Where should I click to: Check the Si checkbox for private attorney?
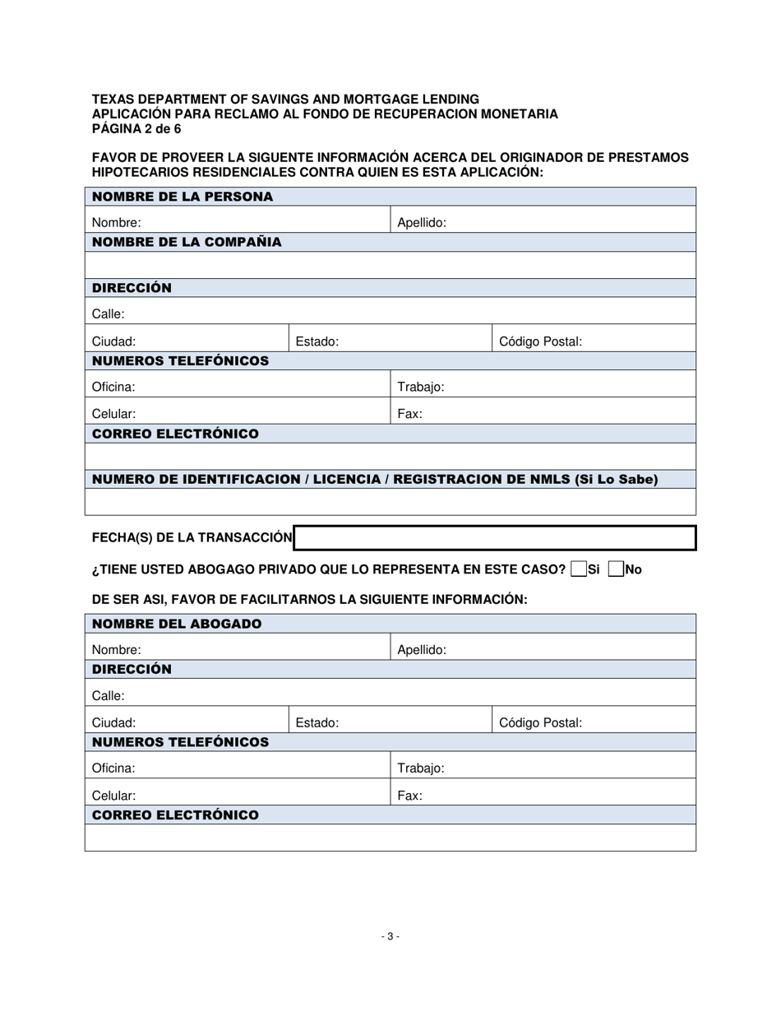pos(578,569)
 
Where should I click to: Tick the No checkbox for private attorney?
pos(616,569)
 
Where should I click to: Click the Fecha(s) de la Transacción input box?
pos(495,538)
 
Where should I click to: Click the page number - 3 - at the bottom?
pos(390,936)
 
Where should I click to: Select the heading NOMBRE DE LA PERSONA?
pos(183,197)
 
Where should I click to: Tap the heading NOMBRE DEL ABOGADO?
pos(177,624)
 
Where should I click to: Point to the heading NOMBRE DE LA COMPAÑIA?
pos(187,242)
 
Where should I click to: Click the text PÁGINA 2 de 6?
pos(136,129)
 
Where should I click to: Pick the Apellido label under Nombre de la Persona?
pos(422,222)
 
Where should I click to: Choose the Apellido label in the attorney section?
pos(422,650)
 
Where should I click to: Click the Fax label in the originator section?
pos(410,414)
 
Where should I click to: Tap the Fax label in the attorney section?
pos(410,796)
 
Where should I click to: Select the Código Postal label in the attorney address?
pos(540,723)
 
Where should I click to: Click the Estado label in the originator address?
pos(317,341)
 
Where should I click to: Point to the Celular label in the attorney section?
pos(113,796)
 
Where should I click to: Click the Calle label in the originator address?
pos(109,313)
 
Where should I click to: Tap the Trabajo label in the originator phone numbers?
pos(421,387)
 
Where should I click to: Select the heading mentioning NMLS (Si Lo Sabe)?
pos(375,480)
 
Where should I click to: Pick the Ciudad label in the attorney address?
pos(113,723)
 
